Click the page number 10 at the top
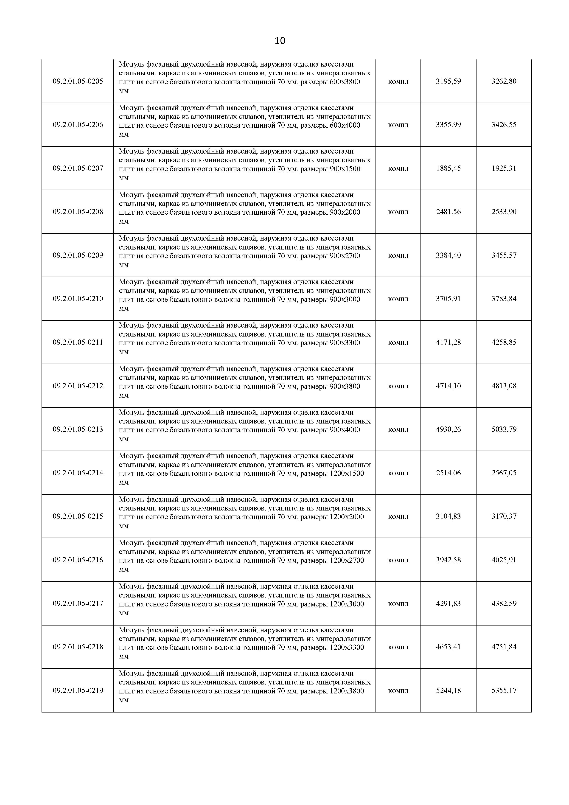280,41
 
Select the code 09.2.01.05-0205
78,81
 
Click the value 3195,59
448,81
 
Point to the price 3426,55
504,125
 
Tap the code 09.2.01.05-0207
78,168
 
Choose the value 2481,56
448,212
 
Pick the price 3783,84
504,299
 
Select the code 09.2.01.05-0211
78,342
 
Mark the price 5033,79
504,429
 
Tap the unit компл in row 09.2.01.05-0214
398,473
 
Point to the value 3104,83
448,516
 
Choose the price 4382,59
504,604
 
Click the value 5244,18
448,691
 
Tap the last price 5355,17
504,691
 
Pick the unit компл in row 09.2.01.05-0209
398,256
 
